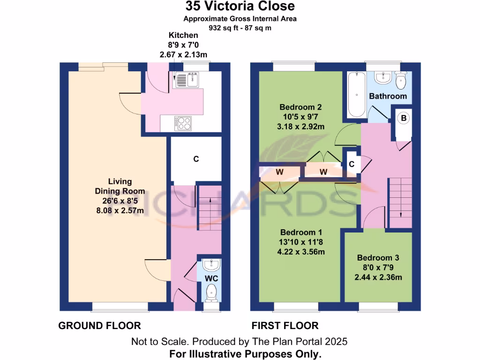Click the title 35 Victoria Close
click(x=240, y=6)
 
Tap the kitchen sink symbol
click(x=187, y=81)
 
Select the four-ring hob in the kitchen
click(x=183, y=123)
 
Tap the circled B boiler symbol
click(x=403, y=119)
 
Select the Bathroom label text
click(x=388, y=96)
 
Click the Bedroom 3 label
click(x=378, y=258)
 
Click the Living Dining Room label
click(x=120, y=186)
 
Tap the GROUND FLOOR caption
click(x=99, y=325)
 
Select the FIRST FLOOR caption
click(x=285, y=325)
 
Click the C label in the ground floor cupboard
click(x=196, y=159)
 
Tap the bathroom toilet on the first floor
click(x=402, y=82)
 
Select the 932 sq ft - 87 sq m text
click(x=240, y=28)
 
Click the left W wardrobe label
click(x=279, y=172)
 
